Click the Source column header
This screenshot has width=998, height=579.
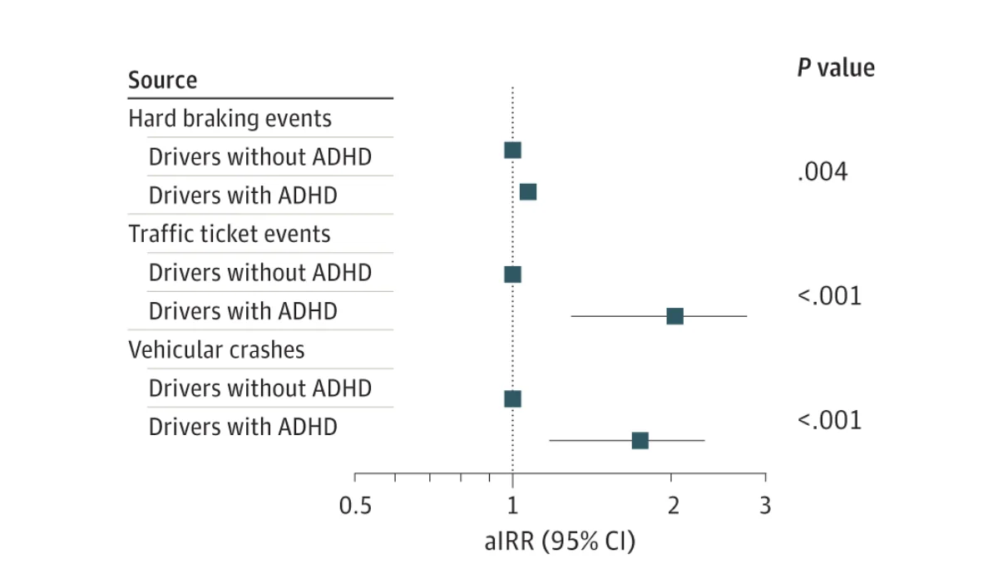(x=162, y=81)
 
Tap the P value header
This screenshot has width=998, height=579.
(x=836, y=67)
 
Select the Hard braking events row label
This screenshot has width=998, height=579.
(x=230, y=118)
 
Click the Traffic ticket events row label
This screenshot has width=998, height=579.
(x=229, y=234)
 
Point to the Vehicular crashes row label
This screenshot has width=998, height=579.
(x=216, y=349)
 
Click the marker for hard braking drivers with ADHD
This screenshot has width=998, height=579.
(x=528, y=192)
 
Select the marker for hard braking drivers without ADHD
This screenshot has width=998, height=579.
(x=512, y=151)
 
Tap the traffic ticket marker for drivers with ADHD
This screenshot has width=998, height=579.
(x=674, y=316)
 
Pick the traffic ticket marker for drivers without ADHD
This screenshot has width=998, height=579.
(x=512, y=275)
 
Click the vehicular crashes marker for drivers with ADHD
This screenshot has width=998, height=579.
(x=640, y=440)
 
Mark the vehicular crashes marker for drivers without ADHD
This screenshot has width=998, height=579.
(x=512, y=398)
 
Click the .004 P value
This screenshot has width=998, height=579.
(x=822, y=173)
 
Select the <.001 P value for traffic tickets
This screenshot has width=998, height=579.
(x=829, y=296)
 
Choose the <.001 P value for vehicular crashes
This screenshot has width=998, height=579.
(x=829, y=420)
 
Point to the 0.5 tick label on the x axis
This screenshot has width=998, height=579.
(x=355, y=505)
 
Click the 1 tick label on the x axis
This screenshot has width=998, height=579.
(x=512, y=505)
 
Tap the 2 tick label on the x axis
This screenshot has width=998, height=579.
(x=672, y=505)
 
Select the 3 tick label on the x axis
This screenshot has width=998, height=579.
(x=765, y=505)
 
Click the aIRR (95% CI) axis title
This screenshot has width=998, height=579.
(x=560, y=542)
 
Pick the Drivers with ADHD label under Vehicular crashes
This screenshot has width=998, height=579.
(x=243, y=427)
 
